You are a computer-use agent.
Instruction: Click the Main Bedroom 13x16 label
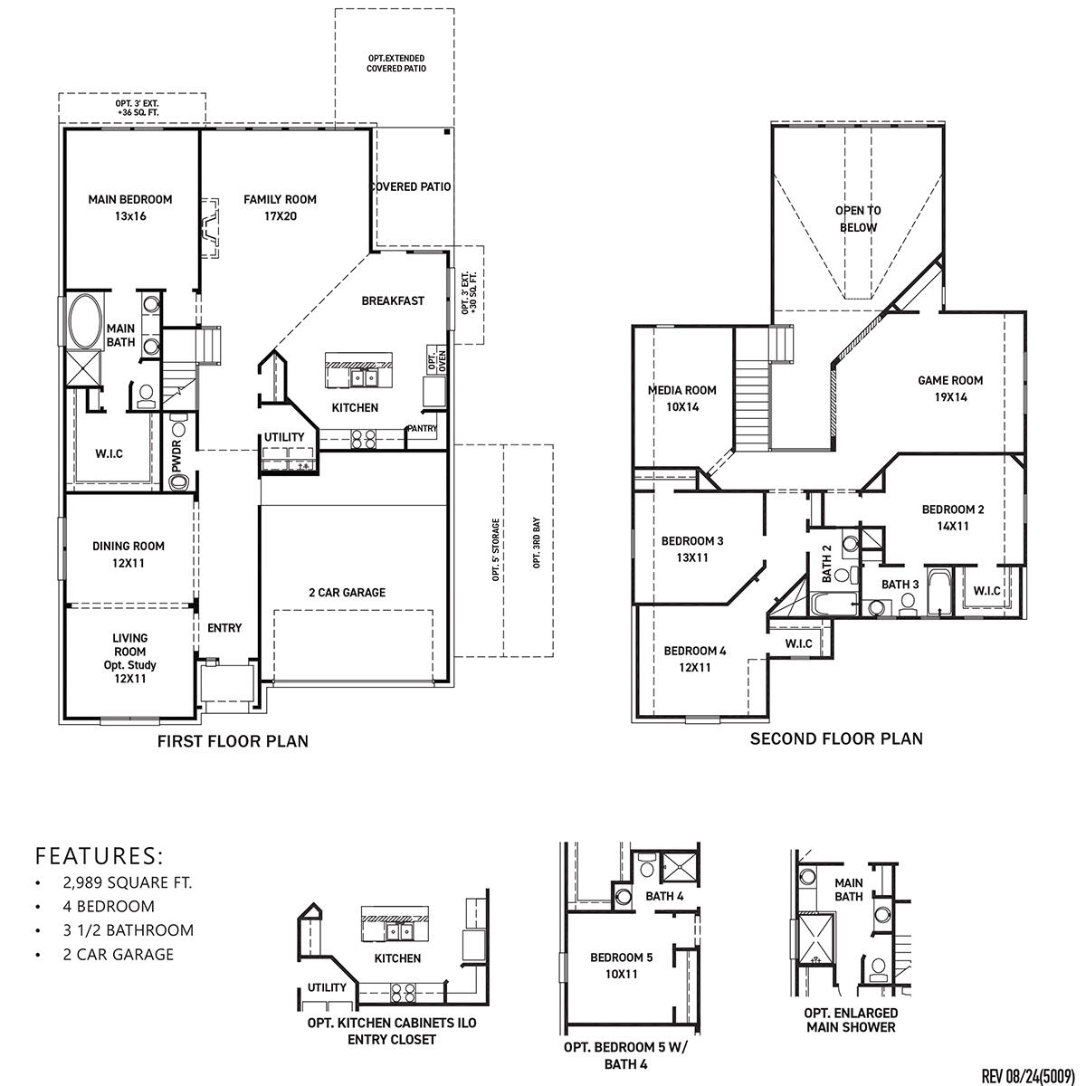coord(129,207)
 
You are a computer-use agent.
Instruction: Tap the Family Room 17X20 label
coord(280,207)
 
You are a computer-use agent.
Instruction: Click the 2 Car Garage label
coord(347,593)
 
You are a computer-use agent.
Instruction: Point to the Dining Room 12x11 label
coord(129,554)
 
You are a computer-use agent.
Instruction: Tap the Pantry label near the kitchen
coord(422,428)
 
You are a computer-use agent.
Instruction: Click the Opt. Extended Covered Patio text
coord(396,63)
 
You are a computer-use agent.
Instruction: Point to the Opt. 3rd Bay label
coord(537,546)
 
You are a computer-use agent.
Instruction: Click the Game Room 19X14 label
coord(950,388)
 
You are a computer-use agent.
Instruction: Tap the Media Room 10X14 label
coord(681,398)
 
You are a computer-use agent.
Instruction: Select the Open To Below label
coord(857,218)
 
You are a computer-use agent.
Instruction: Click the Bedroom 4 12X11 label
coord(694,659)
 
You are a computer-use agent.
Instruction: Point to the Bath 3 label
coord(900,585)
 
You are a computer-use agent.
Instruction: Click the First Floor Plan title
coord(233,741)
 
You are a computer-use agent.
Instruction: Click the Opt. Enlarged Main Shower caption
coord(851,1020)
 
